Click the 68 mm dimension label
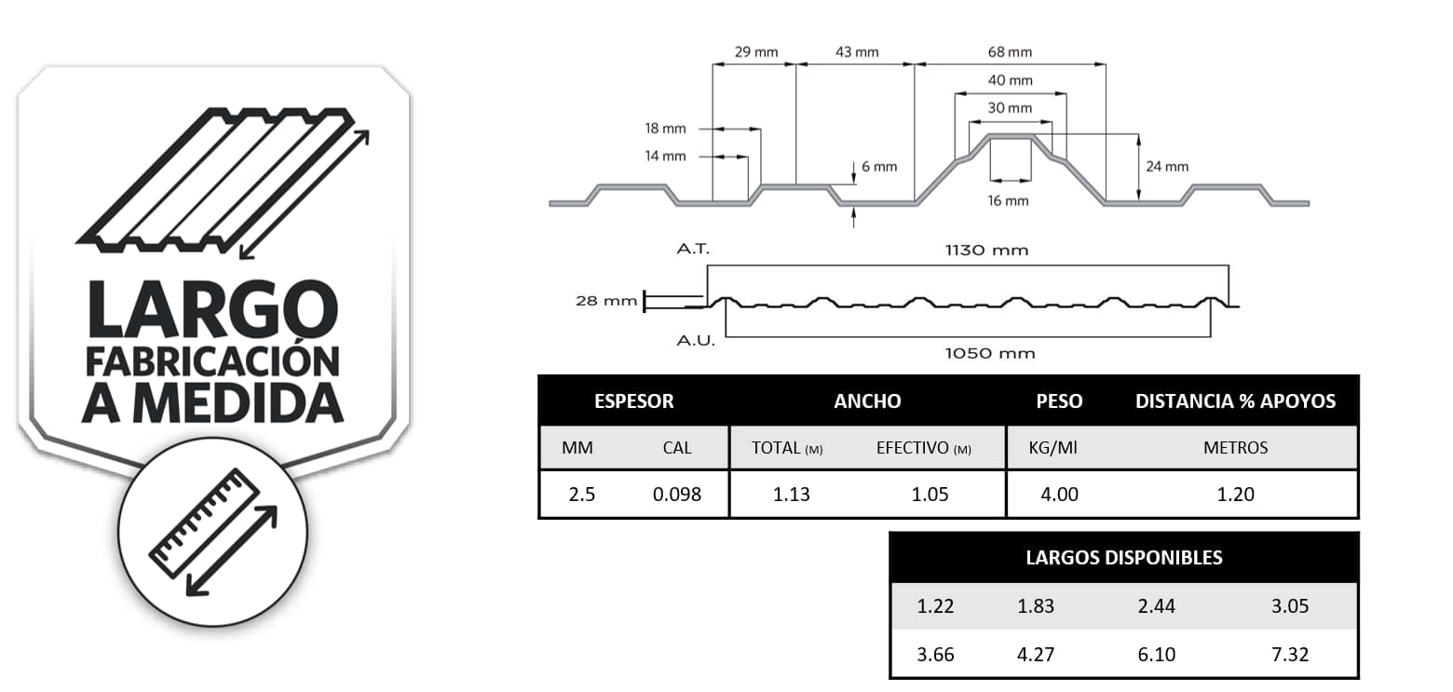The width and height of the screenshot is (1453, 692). pos(1010,52)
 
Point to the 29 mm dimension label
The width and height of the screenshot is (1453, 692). pos(756,52)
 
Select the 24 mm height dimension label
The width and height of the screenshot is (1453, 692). pos(1167,167)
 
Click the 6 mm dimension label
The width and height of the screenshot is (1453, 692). pos(879,167)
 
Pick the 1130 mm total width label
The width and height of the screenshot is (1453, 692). pos(986,250)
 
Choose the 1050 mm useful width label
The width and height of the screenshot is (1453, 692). pos(989,353)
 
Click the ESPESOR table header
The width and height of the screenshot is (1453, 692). pos(633,401)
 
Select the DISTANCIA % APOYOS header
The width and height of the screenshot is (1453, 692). pos(1235,401)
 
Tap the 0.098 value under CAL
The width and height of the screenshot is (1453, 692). pos(677,494)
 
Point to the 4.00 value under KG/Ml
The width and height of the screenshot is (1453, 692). pos(1059,494)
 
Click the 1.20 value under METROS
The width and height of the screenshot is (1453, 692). pos(1236,494)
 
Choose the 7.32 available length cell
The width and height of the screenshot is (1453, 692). pos(1290,655)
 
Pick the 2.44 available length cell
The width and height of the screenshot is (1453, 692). pos(1156,606)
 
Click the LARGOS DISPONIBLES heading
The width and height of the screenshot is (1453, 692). pos(1123,558)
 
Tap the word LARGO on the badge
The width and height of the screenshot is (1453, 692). pos(211,310)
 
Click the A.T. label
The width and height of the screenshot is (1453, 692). pos(694,250)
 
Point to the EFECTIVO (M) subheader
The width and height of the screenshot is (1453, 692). pos(923,448)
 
